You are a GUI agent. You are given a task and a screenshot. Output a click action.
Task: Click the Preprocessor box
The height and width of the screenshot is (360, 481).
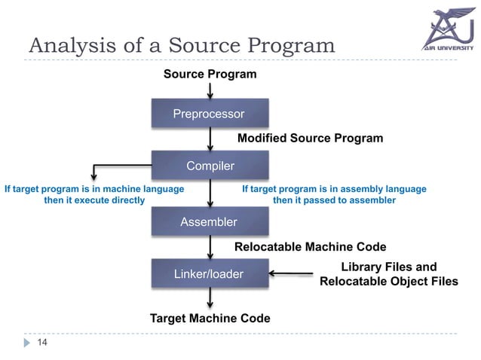[x=209, y=114]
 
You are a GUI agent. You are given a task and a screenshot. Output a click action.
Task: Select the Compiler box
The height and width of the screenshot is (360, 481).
[x=210, y=166]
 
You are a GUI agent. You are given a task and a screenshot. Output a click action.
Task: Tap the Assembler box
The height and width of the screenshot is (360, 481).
[x=209, y=222]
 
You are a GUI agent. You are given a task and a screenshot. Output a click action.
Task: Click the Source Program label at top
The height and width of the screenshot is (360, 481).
[x=210, y=75]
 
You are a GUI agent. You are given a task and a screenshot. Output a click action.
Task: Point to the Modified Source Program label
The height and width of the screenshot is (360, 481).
[x=310, y=139]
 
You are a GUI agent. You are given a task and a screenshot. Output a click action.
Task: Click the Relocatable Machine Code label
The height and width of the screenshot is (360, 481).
[x=310, y=247]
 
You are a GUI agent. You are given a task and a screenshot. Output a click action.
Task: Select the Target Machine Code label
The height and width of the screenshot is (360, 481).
[x=210, y=319]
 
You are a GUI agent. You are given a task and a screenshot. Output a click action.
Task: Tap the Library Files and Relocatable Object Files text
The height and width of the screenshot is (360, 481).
[x=388, y=275]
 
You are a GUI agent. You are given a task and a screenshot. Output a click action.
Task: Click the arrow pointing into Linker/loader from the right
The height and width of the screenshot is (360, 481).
[x=291, y=274]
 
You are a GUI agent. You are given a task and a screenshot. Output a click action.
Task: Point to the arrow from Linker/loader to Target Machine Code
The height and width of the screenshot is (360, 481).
[x=210, y=299]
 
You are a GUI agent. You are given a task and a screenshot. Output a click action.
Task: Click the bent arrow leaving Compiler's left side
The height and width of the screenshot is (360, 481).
[x=113, y=166]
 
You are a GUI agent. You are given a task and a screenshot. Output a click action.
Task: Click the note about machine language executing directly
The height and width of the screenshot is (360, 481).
[x=94, y=195]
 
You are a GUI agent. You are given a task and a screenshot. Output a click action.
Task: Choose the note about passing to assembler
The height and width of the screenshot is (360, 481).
[x=333, y=195]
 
